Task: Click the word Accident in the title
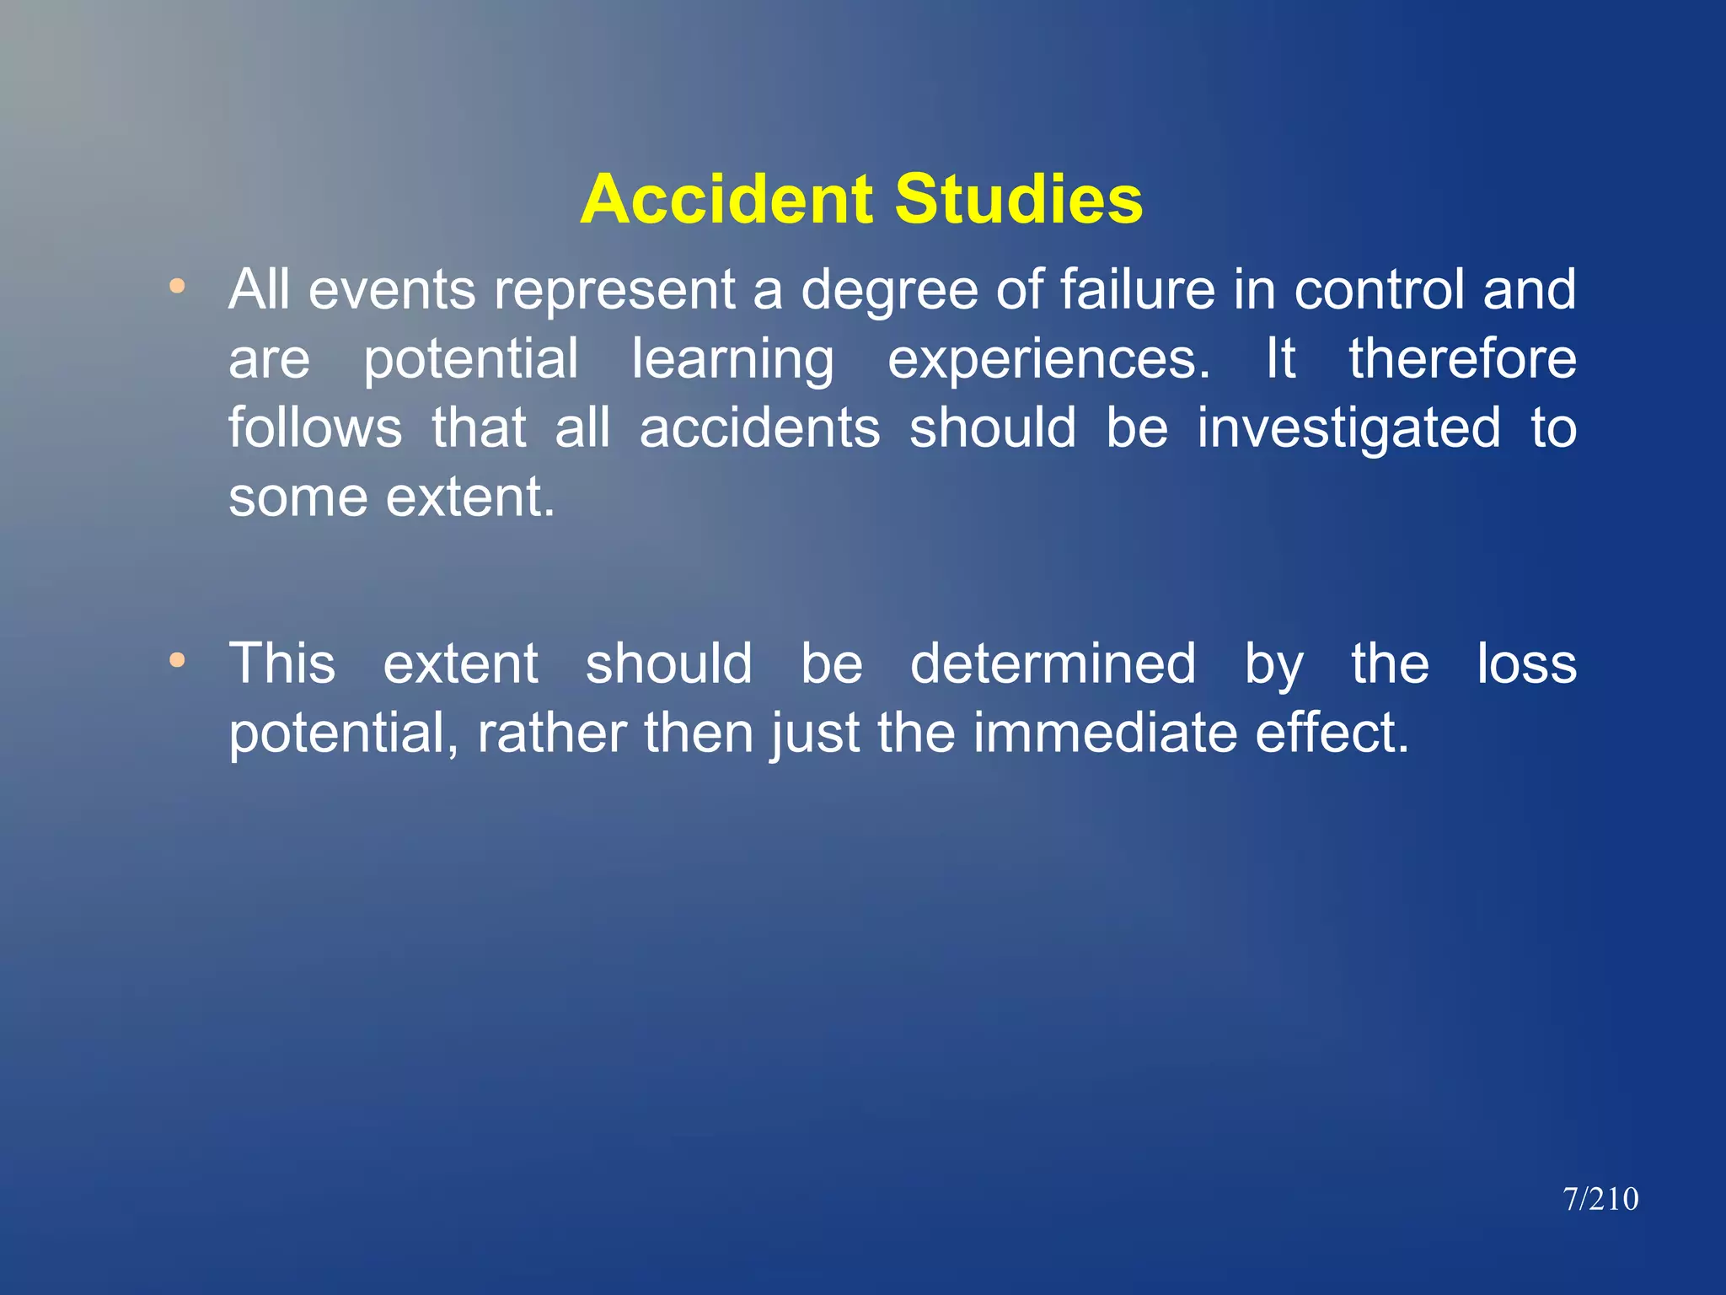pyautogui.click(x=727, y=200)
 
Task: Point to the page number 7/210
pyautogui.click(x=1600, y=1199)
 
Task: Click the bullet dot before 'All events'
pyautogui.click(x=177, y=287)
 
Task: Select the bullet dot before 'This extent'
pyautogui.click(x=177, y=660)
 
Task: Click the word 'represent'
pyautogui.click(x=614, y=291)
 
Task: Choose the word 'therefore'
pyautogui.click(x=1462, y=359)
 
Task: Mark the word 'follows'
pyautogui.click(x=315, y=427)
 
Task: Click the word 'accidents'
pyautogui.click(x=759, y=427)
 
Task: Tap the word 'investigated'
pyautogui.click(x=1348, y=429)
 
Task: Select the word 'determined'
pyautogui.click(x=1053, y=664)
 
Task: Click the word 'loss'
pyautogui.click(x=1526, y=664)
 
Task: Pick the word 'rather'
pyautogui.click(x=552, y=733)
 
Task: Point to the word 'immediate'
pyautogui.click(x=1105, y=733)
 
